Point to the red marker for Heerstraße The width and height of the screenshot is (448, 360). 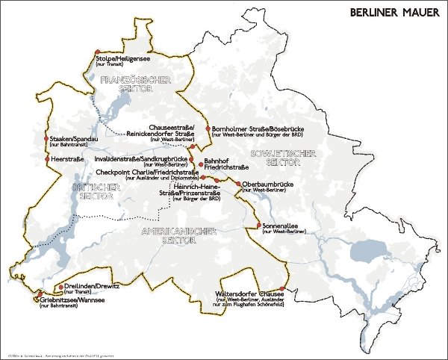click(x=46, y=159)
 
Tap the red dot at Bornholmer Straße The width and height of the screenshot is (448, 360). click(x=207, y=128)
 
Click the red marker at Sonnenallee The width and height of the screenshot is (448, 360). click(x=258, y=225)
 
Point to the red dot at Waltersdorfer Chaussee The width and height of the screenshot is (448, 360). click(x=281, y=288)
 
